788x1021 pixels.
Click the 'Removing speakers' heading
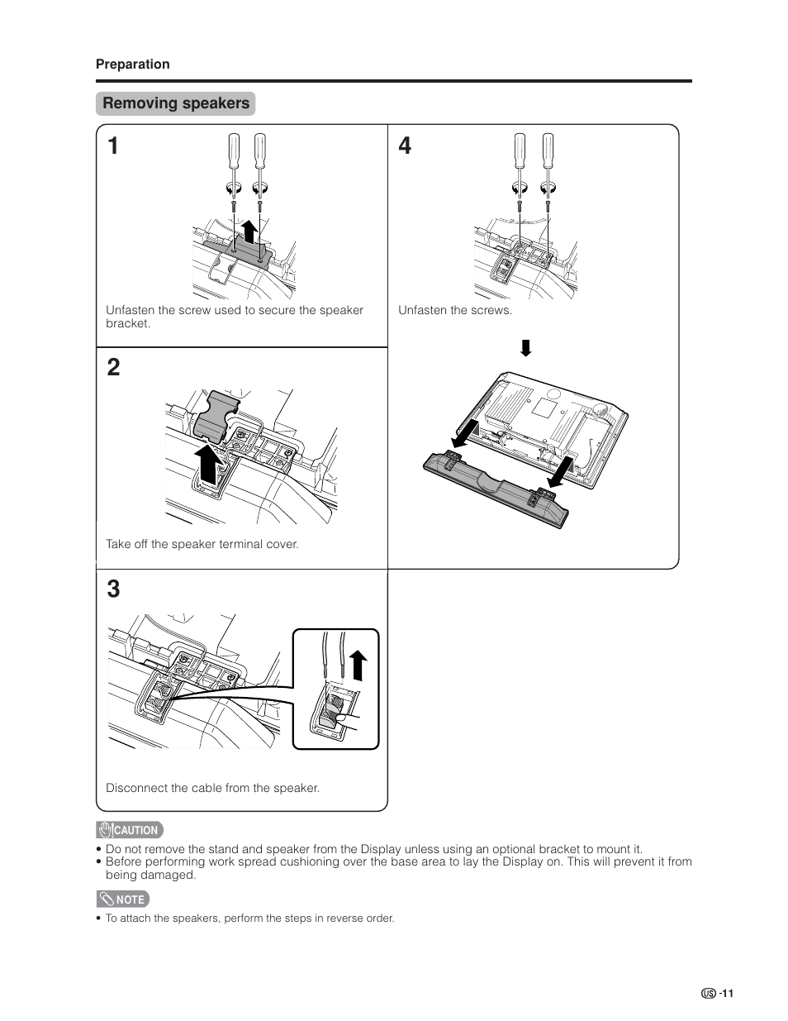point(175,103)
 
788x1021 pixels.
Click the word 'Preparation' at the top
point(132,64)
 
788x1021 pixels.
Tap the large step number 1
point(112,146)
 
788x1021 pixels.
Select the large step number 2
point(112,367)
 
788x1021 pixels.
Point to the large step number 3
point(112,589)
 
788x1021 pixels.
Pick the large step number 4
point(405,146)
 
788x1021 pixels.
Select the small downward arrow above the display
point(525,346)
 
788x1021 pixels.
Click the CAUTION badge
point(130,830)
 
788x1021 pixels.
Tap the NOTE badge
point(123,899)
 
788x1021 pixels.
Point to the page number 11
point(727,994)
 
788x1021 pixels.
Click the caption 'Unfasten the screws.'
point(455,311)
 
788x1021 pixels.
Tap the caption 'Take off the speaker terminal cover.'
point(202,544)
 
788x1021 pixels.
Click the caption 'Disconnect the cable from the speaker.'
point(212,788)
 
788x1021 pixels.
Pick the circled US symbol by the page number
point(708,994)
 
